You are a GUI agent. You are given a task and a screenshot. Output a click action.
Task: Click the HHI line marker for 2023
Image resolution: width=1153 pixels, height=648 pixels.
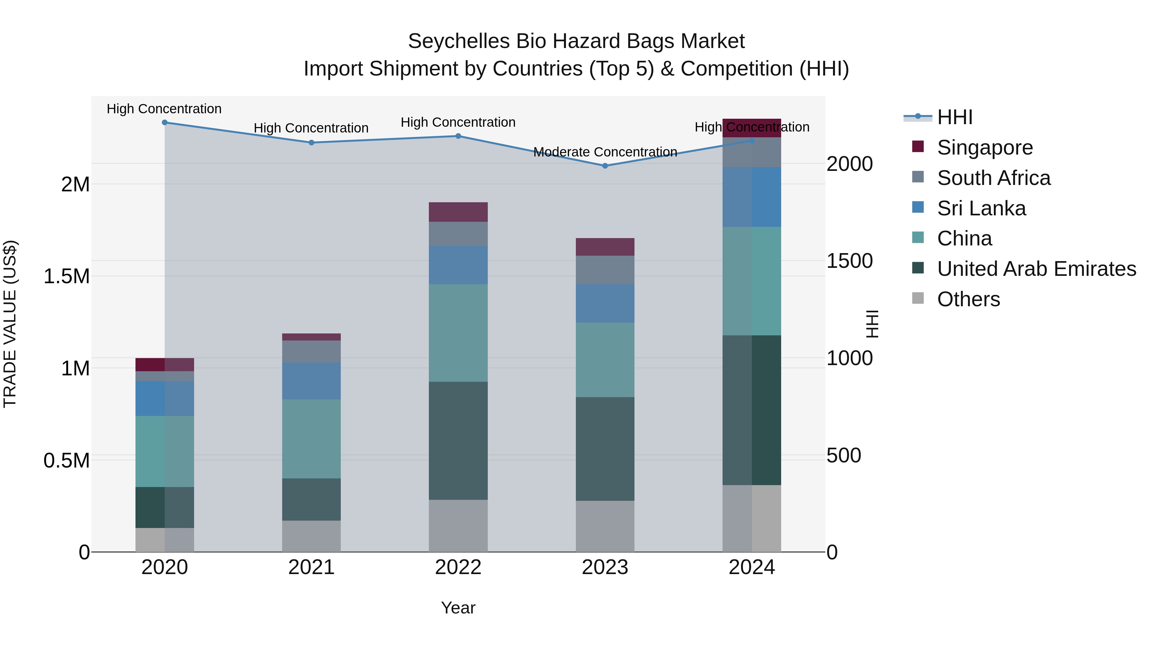(x=605, y=166)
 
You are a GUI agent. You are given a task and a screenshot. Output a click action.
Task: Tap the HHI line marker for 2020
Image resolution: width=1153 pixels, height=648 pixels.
(x=165, y=122)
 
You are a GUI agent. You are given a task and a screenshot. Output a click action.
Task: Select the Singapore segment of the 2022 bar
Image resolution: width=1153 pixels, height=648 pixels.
(x=458, y=212)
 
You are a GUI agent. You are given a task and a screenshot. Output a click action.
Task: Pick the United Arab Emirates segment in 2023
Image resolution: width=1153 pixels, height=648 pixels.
(x=605, y=449)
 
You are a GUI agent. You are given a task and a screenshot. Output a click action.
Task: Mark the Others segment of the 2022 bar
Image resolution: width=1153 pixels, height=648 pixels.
(x=458, y=525)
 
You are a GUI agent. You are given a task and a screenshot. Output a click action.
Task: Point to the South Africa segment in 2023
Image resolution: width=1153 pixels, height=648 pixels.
(x=605, y=270)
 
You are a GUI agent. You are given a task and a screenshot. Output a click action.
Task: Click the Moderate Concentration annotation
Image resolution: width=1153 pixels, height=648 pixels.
(x=605, y=152)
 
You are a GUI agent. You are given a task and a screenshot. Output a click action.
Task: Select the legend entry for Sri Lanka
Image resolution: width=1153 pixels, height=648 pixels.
(x=981, y=208)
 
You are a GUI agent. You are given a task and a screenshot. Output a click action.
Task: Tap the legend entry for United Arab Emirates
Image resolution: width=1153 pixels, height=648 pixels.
(x=1036, y=269)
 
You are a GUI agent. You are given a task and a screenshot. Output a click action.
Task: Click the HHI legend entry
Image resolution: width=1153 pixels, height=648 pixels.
(x=954, y=117)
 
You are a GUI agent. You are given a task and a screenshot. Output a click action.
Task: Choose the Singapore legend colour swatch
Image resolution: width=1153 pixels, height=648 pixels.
(x=918, y=147)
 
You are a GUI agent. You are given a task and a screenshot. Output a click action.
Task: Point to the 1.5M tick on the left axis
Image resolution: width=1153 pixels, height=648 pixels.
(x=66, y=276)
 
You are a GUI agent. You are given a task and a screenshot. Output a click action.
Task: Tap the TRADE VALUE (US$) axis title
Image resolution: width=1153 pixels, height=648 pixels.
(x=10, y=324)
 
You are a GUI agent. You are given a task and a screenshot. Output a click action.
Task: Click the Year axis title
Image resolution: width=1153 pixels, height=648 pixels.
(x=458, y=608)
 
